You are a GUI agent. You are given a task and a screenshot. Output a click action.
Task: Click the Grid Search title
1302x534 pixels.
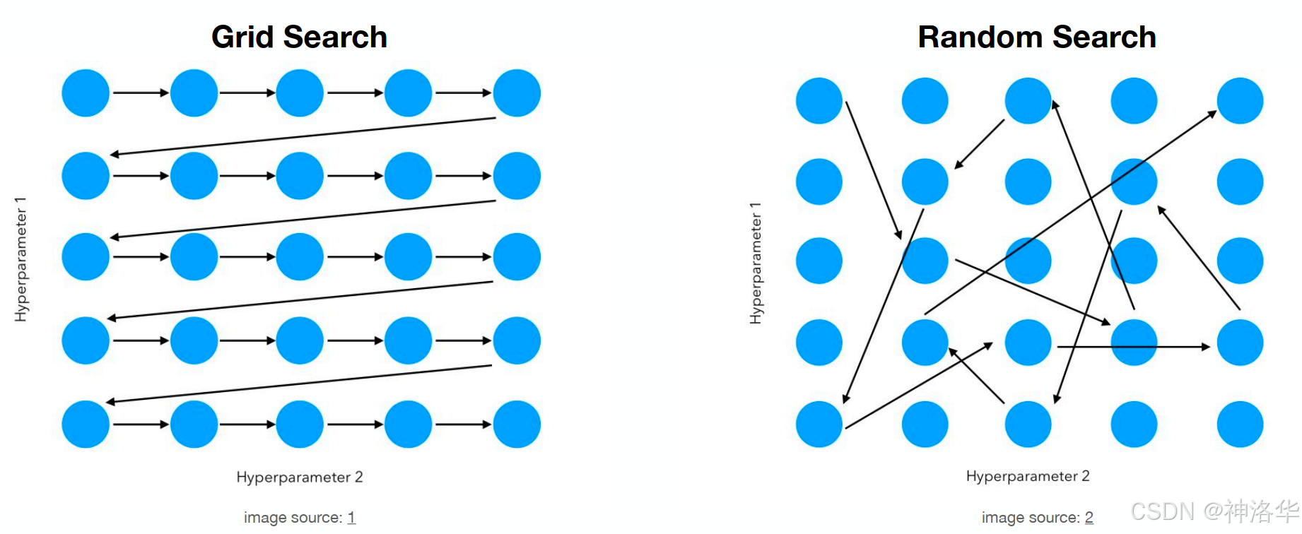(299, 37)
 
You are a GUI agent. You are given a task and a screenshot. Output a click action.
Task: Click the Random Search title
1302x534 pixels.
(1036, 37)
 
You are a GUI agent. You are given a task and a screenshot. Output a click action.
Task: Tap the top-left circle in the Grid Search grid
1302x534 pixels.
(86, 93)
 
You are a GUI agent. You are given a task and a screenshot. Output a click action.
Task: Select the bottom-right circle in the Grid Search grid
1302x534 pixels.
(517, 424)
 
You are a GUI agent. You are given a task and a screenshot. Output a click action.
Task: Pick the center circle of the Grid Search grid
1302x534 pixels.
(300, 256)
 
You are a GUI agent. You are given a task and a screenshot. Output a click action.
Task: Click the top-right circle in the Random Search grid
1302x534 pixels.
(1240, 101)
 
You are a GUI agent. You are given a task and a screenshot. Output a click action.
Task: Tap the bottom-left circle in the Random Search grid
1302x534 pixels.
(819, 424)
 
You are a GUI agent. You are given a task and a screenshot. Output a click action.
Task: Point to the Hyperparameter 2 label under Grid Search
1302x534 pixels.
(300, 477)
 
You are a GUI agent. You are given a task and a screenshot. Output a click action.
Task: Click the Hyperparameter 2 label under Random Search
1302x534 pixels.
(1028, 476)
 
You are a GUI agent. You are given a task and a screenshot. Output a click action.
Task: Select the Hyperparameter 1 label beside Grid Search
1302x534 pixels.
(20, 259)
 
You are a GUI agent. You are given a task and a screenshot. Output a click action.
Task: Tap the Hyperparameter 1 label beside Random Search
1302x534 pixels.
(756, 263)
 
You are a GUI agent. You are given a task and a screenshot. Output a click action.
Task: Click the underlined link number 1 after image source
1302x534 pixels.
(351, 518)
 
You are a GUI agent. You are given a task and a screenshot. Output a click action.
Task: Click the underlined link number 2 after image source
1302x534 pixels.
(1089, 518)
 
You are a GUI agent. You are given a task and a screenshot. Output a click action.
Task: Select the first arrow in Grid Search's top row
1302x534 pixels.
(140, 93)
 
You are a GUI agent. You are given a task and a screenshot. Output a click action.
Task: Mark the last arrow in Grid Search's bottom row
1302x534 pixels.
(463, 424)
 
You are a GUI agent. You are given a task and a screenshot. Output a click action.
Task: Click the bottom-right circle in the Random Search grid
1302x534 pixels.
(1240, 424)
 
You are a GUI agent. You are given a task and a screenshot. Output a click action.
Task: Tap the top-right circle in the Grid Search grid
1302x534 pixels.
(517, 93)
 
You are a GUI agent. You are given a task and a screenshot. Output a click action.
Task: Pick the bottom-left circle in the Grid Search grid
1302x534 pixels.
(86, 424)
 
